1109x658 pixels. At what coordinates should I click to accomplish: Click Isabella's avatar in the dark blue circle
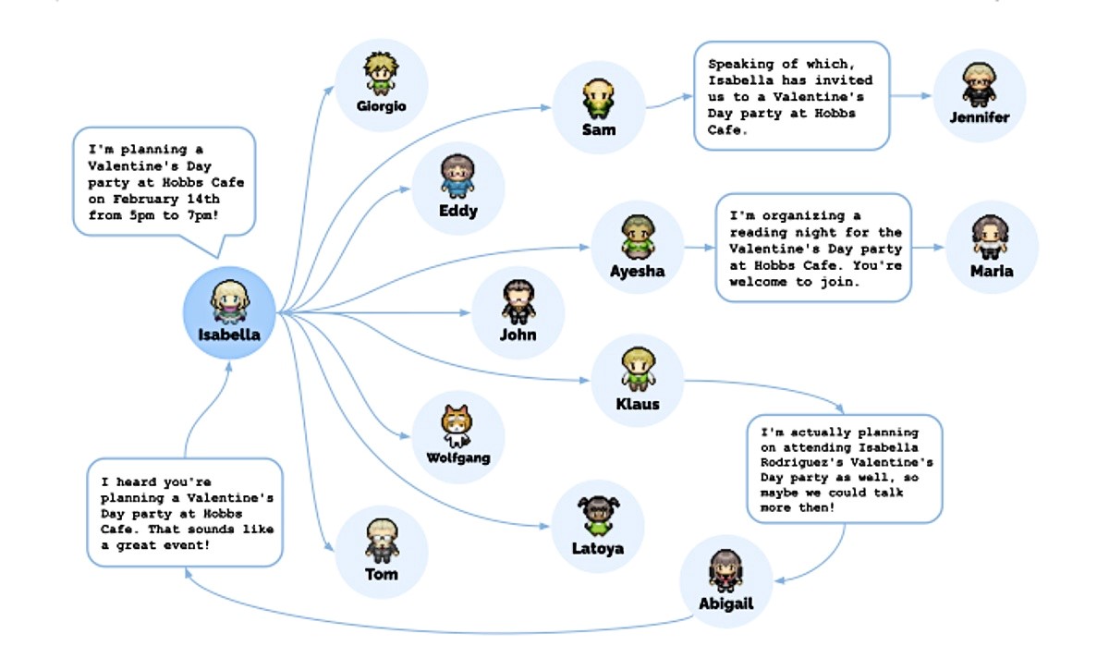(228, 299)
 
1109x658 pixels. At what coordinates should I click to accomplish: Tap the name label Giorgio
(381, 106)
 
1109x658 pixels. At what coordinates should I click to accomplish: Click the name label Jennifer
(980, 117)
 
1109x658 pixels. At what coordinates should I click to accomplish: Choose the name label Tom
(382, 574)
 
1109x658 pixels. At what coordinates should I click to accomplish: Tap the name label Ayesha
(637, 272)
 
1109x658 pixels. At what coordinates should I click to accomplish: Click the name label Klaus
(637, 404)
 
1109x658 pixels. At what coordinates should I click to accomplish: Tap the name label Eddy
(458, 211)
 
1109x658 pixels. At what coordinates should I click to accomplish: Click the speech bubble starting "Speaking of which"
(791, 95)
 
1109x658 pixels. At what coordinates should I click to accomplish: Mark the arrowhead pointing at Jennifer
(927, 95)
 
